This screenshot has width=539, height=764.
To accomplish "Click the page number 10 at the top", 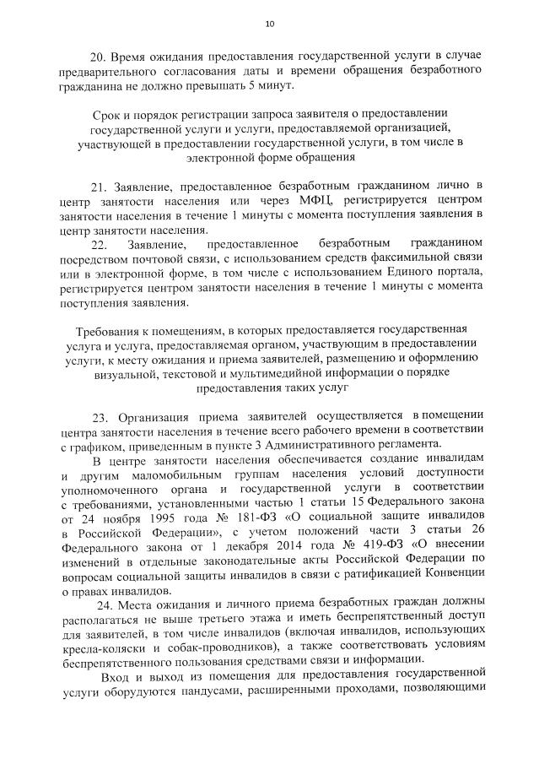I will [269, 23].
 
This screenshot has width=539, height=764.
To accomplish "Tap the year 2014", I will [276, 544].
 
